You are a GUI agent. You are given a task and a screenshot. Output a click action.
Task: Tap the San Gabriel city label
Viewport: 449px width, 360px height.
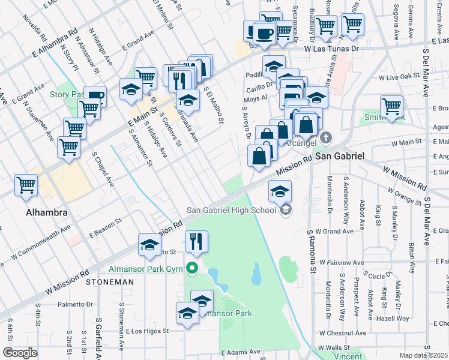coord(340,155)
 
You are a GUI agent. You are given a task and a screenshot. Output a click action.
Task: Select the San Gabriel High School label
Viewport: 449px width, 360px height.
coord(231,209)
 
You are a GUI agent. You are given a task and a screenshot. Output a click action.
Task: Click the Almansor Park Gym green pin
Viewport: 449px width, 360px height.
coord(193,268)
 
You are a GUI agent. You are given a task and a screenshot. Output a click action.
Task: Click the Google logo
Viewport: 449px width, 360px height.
coord(20,352)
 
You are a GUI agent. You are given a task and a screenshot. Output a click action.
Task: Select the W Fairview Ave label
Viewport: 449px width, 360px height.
coord(342,263)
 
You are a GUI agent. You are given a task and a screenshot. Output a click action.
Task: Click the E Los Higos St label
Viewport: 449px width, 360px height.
coord(148,331)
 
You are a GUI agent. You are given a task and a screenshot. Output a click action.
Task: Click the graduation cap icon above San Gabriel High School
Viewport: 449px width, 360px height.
coord(280,191)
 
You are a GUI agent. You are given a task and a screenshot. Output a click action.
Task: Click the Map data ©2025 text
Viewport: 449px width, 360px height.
coord(424,355)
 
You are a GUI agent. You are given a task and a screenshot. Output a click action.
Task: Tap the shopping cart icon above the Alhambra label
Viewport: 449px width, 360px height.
coord(26,185)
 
